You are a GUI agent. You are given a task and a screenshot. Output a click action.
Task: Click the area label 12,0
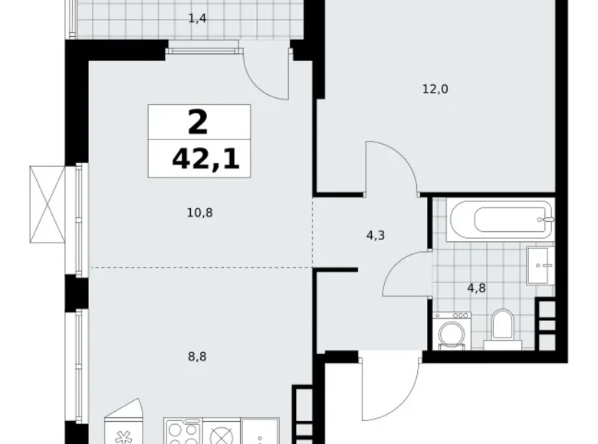(x=435, y=89)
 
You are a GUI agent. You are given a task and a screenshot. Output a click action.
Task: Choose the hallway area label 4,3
(x=376, y=236)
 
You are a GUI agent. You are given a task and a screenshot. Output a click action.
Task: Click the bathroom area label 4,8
(x=476, y=289)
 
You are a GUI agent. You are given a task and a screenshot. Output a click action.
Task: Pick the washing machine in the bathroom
(x=450, y=330)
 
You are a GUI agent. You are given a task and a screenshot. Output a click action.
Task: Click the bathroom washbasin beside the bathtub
(x=540, y=265)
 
